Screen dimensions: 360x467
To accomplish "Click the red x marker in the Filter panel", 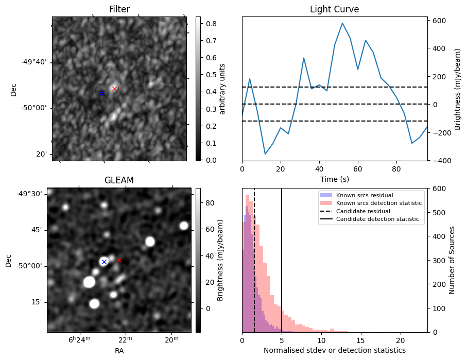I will pos(114,89).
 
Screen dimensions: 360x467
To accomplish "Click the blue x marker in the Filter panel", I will pos(101,93).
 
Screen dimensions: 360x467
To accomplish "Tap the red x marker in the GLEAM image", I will pos(119,260).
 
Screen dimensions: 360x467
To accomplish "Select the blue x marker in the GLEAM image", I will pos(104,262).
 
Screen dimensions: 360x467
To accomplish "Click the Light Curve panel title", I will pos(334,9).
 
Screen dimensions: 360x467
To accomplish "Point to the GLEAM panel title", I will pos(119,180).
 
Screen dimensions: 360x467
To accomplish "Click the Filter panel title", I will pos(119,9).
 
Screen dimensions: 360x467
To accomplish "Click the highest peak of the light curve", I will pos(342,23).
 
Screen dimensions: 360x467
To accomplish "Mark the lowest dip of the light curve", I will pos(265,154).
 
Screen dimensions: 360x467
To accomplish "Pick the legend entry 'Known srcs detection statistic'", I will pos(378,203).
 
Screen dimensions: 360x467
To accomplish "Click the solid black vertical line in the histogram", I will pos(282,258).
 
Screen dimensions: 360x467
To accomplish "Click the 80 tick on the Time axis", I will pos(396,169).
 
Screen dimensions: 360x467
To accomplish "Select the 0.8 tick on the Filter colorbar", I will pos(210,23).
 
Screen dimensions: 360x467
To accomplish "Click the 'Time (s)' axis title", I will pos(334,178).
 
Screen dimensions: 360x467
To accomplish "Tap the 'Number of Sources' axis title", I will pos(452,260).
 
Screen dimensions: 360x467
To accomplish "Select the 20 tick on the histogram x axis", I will pos(400,340).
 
